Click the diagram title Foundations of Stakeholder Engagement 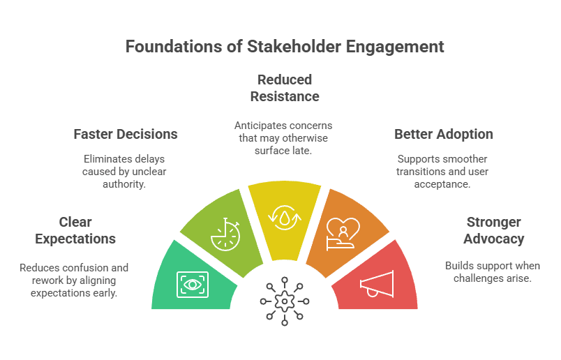coord(284,46)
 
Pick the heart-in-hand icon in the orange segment coord(343,234)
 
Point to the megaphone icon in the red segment coord(377,283)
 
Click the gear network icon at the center coord(284,301)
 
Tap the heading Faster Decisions coord(126,133)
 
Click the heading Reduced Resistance coord(284,87)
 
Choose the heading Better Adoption coord(444,133)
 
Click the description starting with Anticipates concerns coord(284,138)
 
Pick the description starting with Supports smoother coord(444,172)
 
